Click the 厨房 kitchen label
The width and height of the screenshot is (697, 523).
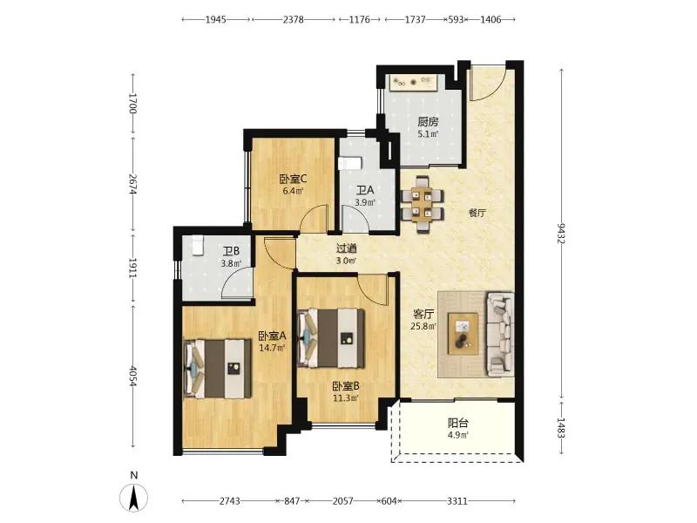(x=428, y=121)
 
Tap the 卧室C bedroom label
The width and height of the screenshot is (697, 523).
(x=293, y=180)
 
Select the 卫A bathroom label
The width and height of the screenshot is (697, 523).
(x=365, y=191)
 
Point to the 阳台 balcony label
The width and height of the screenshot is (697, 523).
(x=458, y=423)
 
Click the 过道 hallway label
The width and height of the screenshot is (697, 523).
(x=346, y=249)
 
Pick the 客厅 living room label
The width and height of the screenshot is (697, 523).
(x=423, y=314)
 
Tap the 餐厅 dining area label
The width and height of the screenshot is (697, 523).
(x=477, y=213)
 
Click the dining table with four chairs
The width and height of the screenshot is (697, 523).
(x=422, y=205)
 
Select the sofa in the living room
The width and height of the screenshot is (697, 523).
(x=500, y=334)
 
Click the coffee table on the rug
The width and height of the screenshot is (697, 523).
(x=464, y=334)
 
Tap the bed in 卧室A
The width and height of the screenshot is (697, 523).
(x=218, y=369)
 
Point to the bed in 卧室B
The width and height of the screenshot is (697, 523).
(x=331, y=338)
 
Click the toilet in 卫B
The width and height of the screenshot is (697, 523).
(x=198, y=246)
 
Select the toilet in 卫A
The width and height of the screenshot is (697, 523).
(x=350, y=163)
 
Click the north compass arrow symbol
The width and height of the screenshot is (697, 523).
(x=134, y=497)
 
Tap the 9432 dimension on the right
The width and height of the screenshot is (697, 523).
(x=561, y=233)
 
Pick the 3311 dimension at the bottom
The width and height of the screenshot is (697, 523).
(x=457, y=501)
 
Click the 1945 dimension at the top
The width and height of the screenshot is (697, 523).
(x=215, y=19)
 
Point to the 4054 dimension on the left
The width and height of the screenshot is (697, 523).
(x=132, y=377)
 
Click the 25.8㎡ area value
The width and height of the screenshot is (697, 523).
(x=423, y=326)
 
